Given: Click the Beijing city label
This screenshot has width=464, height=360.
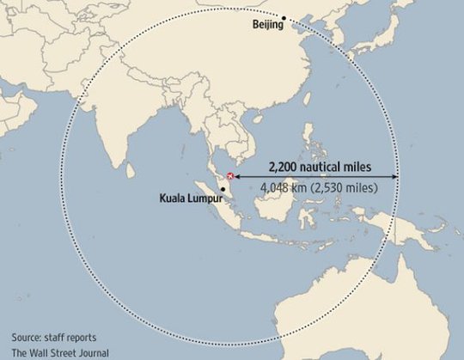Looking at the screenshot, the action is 268,27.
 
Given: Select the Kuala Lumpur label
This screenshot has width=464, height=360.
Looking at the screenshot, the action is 190,199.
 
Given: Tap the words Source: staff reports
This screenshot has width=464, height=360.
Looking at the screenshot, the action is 53,336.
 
